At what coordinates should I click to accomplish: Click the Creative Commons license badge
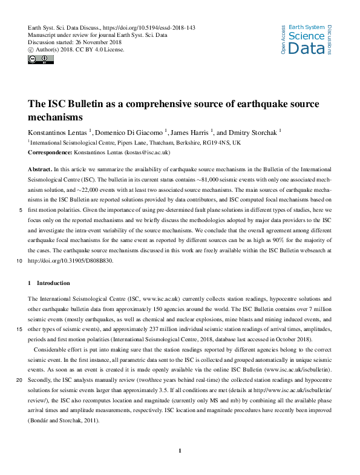point(41,59)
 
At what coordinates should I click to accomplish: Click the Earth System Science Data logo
point(306,39)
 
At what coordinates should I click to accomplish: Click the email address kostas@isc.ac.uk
point(147,153)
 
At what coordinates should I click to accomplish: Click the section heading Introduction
point(53,283)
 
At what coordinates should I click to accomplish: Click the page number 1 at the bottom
point(180,451)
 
